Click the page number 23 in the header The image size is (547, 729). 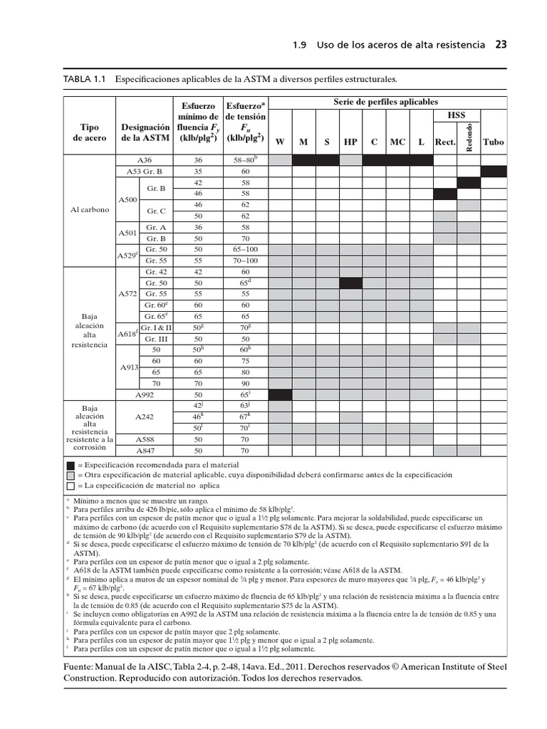501,45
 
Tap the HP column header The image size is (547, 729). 350,142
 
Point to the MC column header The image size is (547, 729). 397,142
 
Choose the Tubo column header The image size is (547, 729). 493,142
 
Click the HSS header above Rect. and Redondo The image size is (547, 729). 457,115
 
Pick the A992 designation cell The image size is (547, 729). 145,394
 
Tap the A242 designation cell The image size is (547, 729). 145,416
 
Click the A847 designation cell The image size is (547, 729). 145,450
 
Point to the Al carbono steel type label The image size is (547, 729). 90,211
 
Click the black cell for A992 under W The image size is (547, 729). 280,394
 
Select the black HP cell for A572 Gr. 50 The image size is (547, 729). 350,283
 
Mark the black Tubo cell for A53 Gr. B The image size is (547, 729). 493,172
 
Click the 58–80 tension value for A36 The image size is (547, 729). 244,160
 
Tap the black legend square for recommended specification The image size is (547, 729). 70,463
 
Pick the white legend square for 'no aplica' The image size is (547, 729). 70,486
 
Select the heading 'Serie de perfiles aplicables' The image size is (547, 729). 386,102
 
